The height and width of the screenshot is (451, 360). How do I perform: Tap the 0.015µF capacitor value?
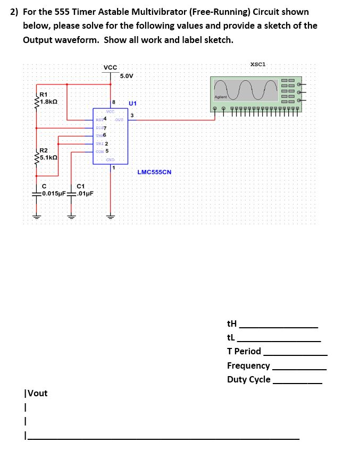(x=54, y=193)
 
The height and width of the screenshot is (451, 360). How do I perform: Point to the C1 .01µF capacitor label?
(x=84, y=190)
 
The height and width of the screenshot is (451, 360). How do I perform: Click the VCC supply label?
(x=111, y=67)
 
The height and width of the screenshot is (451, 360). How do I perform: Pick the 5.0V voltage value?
(x=127, y=76)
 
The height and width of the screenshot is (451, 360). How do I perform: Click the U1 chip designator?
(x=132, y=103)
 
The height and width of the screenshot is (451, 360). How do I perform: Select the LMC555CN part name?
(x=154, y=172)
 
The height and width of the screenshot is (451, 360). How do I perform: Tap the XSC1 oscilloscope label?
(x=257, y=64)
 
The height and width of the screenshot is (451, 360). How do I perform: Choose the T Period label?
(x=244, y=351)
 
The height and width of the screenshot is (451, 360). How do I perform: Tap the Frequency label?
(x=248, y=365)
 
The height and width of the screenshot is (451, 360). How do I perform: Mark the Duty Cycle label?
(x=248, y=379)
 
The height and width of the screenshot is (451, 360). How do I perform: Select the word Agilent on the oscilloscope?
(x=220, y=97)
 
